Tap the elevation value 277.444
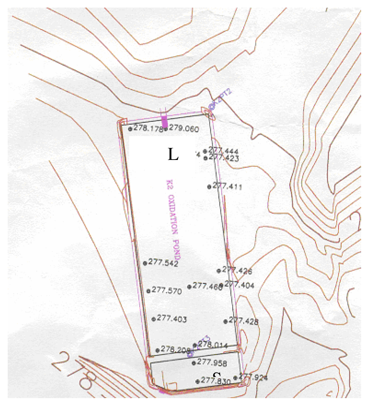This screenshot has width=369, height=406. click(x=223, y=150)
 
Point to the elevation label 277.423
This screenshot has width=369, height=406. click(x=224, y=158)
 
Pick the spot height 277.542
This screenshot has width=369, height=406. click(x=163, y=263)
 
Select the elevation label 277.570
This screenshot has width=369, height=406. click(x=167, y=290)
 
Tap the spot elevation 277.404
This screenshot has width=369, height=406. click(x=239, y=285)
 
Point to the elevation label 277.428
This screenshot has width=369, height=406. click(x=243, y=321)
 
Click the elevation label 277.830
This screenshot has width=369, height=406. click(x=216, y=381)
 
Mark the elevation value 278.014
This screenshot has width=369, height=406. click(x=213, y=345)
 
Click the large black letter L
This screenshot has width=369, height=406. click(x=173, y=154)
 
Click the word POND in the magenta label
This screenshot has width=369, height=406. click(x=176, y=249)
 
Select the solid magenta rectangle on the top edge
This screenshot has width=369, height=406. click(x=164, y=122)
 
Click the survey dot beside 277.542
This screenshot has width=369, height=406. click(x=145, y=263)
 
